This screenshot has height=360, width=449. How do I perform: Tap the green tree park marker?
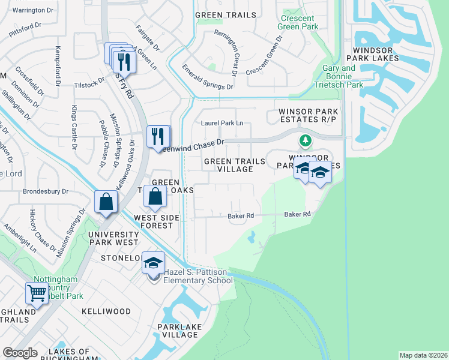(306, 141)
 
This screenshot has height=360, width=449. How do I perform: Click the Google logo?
(20, 353)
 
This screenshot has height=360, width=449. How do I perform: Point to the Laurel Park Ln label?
(222, 123)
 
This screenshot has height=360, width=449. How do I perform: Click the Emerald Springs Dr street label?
(207, 77)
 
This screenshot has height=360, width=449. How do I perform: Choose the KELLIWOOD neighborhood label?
(106, 311)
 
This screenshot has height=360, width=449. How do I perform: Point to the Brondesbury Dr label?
(46, 192)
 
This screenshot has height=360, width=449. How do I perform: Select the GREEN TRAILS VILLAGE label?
(228, 165)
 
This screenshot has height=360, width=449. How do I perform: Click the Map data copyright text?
(423, 355)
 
